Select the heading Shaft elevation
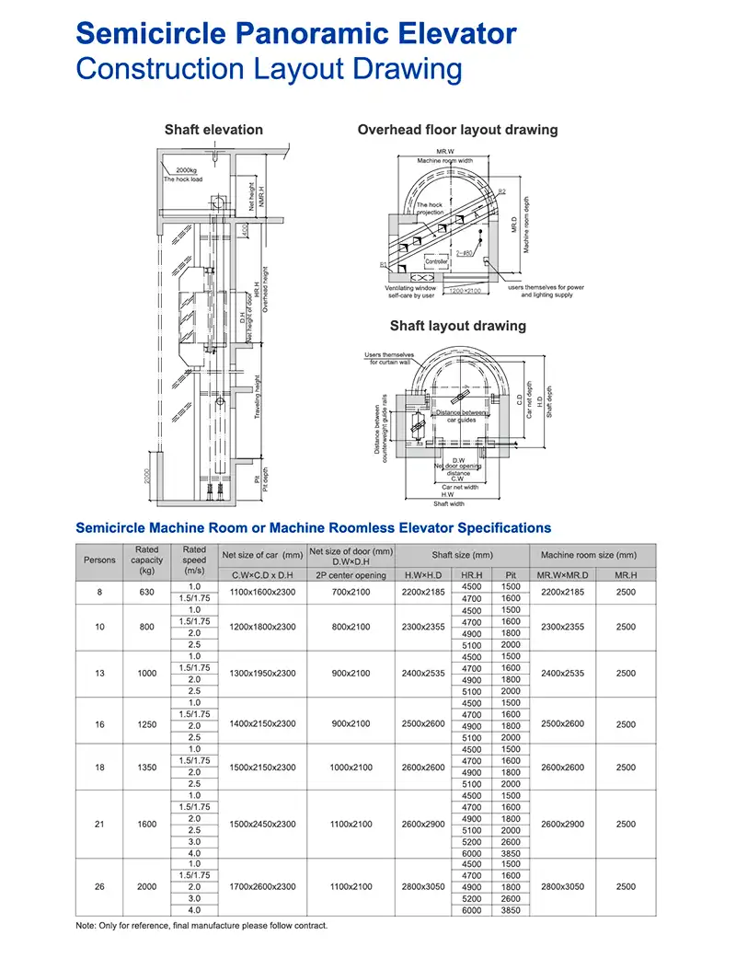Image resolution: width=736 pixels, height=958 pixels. (213, 130)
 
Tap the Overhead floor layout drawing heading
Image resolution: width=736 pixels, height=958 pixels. (457, 130)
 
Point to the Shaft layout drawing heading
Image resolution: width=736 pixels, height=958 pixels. (457, 326)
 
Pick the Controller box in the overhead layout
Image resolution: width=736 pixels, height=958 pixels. (436, 261)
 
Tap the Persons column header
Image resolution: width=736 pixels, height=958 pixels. (99, 560)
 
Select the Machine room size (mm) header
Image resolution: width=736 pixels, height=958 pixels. (588, 555)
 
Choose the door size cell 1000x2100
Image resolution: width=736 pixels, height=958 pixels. (351, 767)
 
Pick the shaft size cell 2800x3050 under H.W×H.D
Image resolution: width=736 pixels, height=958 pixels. (423, 886)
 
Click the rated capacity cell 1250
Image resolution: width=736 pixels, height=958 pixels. (147, 724)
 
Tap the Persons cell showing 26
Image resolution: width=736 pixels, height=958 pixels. (99, 886)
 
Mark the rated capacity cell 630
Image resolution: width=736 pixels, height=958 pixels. (147, 593)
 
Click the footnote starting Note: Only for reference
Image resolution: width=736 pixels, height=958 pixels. (201, 926)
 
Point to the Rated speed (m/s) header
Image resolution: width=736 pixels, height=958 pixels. (194, 560)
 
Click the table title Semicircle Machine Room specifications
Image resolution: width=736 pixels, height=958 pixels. (313, 528)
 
